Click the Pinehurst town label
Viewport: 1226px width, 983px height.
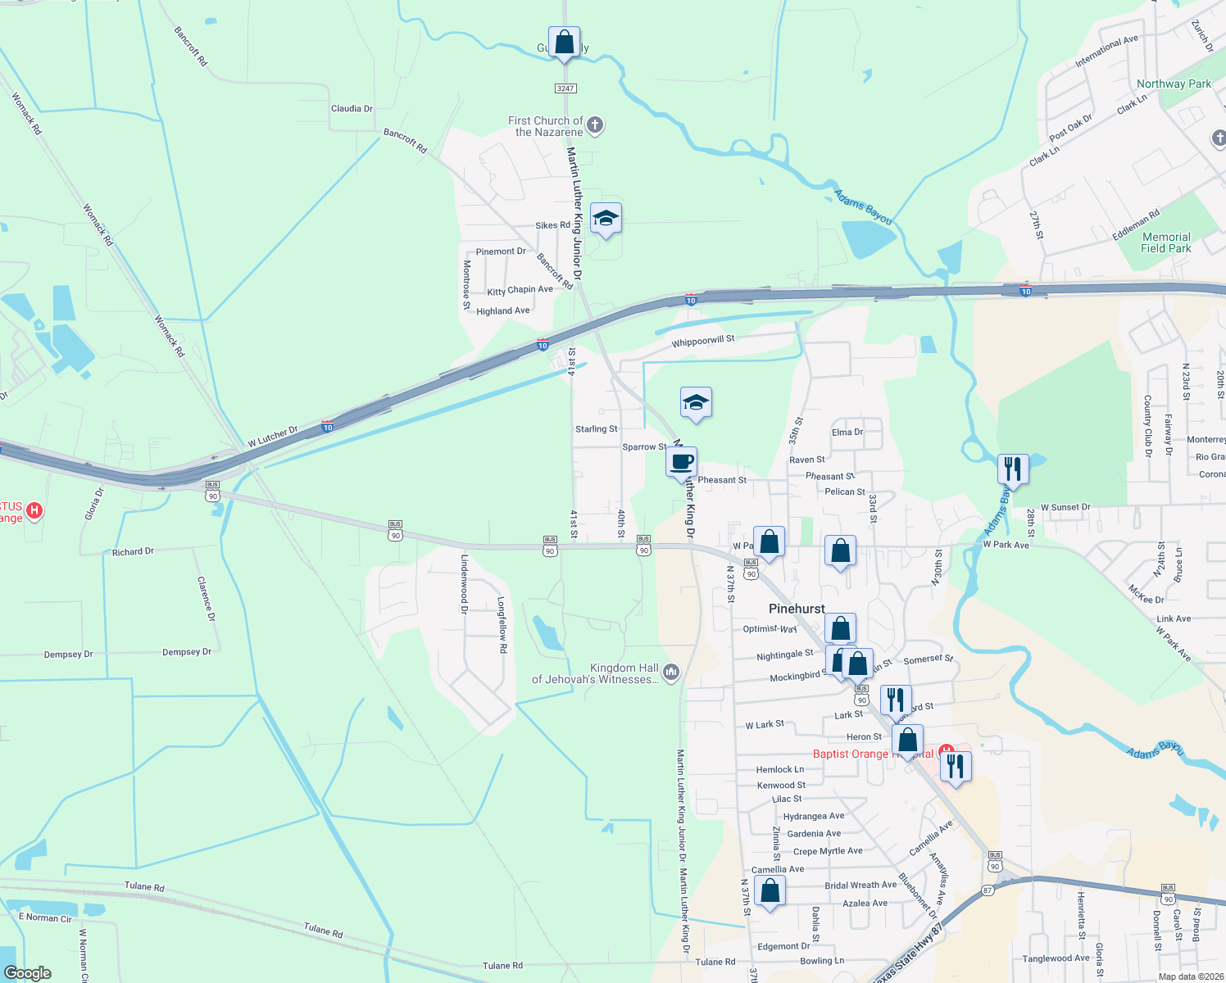(797, 609)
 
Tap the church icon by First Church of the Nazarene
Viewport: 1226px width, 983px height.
(595, 125)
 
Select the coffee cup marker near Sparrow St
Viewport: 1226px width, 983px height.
(681, 462)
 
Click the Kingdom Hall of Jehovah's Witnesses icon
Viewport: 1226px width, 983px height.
(671, 673)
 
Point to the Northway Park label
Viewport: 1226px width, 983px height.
(1174, 84)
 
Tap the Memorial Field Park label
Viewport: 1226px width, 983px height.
(1165, 242)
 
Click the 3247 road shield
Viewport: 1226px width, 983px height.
(565, 88)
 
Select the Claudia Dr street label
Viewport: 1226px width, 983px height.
(352, 108)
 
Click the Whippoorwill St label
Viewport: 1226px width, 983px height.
(703, 341)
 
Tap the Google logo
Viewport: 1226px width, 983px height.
(27, 973)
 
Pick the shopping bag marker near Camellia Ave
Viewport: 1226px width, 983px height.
(770, 890)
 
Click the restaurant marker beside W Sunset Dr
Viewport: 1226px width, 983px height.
(1013, 469)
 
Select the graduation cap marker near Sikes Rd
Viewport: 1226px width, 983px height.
(606, 219)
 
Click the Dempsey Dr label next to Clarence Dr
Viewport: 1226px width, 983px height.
(187, 652)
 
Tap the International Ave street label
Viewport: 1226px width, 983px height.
(1106, 51)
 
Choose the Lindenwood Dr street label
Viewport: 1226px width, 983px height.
(464, 584)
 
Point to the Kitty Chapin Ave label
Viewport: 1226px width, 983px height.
(520, 290)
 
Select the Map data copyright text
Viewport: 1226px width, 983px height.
(1191, 976)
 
